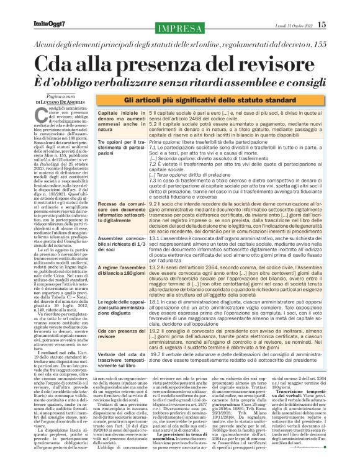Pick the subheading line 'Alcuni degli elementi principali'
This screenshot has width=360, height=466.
pos(179,47)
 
